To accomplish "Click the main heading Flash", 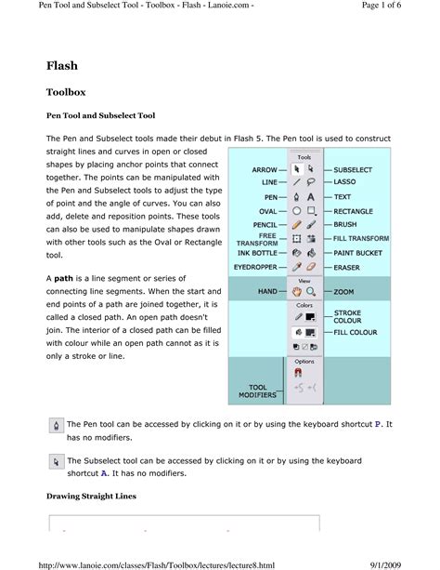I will (62, 66).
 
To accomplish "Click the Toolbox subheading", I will (68, 93).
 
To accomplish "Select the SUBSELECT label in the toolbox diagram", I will (356, 170).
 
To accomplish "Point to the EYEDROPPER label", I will (256, 266).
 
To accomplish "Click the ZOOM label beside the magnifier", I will (344, 292).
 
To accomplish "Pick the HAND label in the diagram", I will (268, 292).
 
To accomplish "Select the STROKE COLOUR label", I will (348, 318).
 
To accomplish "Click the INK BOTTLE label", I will (258, 252).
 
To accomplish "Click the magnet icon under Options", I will (298, 372).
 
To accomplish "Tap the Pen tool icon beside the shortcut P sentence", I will (57, 426).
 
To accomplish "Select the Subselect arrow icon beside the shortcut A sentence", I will (57, 461).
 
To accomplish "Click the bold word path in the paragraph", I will (64, 278).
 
